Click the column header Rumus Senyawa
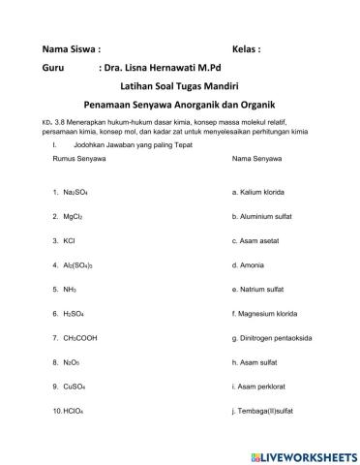point(76,157)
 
